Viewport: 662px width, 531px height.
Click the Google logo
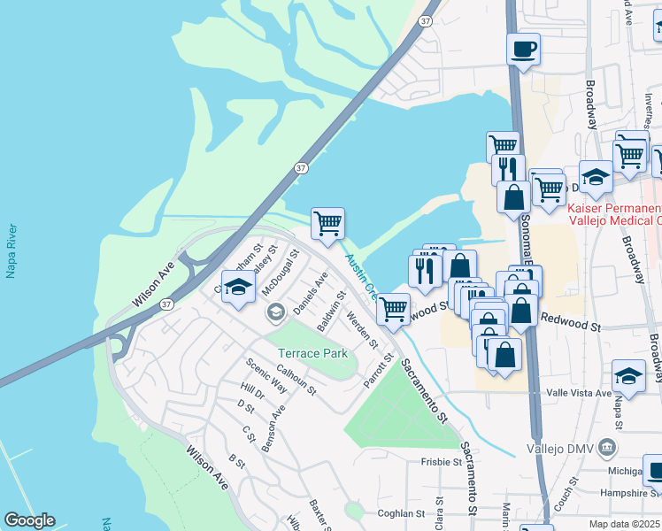coord(29,520)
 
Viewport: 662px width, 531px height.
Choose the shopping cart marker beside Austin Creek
coord(327,223)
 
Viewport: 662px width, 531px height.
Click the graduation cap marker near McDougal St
coord(238,288)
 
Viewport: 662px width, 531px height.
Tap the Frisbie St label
coord(441,462)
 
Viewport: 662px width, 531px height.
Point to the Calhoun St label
coord(296,381)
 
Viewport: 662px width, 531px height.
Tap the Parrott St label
coord(378,370)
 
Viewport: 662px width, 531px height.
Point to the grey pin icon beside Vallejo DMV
coord(607,447)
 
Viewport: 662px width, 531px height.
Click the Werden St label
coord(362,330)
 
